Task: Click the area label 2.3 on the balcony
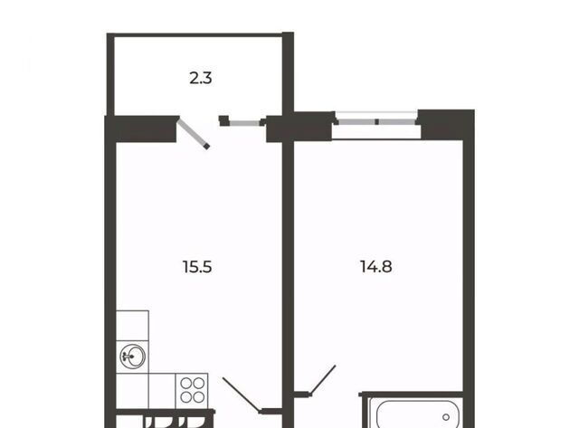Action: (201, 79)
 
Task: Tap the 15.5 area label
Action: (197, 267)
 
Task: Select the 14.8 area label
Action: (376, 266)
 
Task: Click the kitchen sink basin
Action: (132, 357)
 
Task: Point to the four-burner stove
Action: (192, 391)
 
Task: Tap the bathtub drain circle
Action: (446, 417)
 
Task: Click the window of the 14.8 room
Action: (376, 121)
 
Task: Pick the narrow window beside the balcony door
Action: (244, 123)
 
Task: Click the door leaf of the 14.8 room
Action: (323, 380)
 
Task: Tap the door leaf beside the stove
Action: (241, 394)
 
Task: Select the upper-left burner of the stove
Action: (186, 384)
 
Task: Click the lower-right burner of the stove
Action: (199, 397)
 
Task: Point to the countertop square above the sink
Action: (132, 326)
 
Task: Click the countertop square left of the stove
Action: (162, 391)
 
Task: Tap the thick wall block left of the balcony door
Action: (145, 128)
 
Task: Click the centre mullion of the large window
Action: (376, 121)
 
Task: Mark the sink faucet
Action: (128, 357)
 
